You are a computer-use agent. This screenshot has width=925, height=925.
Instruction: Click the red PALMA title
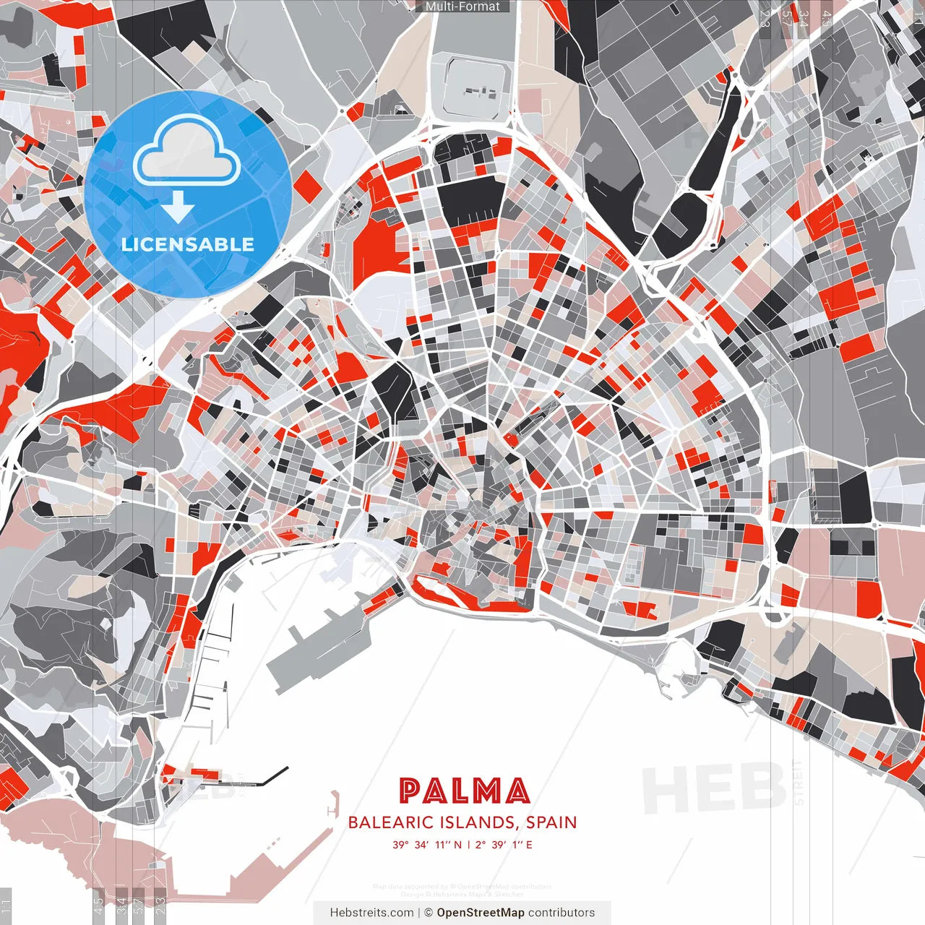(x=464, y=791)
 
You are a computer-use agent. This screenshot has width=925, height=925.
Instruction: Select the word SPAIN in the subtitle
(x=551, y=822)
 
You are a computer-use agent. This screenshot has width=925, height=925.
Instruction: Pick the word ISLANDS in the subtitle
(x=480, y=822)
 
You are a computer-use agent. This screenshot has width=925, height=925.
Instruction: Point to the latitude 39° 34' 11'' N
(x=426, y=844)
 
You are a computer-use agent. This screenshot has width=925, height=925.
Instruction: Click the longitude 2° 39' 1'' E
(x=504, y=844)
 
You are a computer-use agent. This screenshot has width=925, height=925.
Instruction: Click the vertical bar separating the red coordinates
(x=468, y=844)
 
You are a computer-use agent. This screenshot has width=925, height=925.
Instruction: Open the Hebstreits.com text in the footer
(x=371, y=912)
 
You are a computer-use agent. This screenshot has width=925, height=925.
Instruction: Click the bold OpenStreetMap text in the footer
(x=481, y=912)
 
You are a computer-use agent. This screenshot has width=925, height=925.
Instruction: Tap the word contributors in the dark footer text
(x=562, y=912)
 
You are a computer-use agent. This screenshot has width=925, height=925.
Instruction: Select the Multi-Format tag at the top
(x=462, y=7)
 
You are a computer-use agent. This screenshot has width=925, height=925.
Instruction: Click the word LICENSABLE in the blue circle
(x=188, y=244)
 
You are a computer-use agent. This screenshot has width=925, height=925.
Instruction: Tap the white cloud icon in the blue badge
(x=187, y=150)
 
